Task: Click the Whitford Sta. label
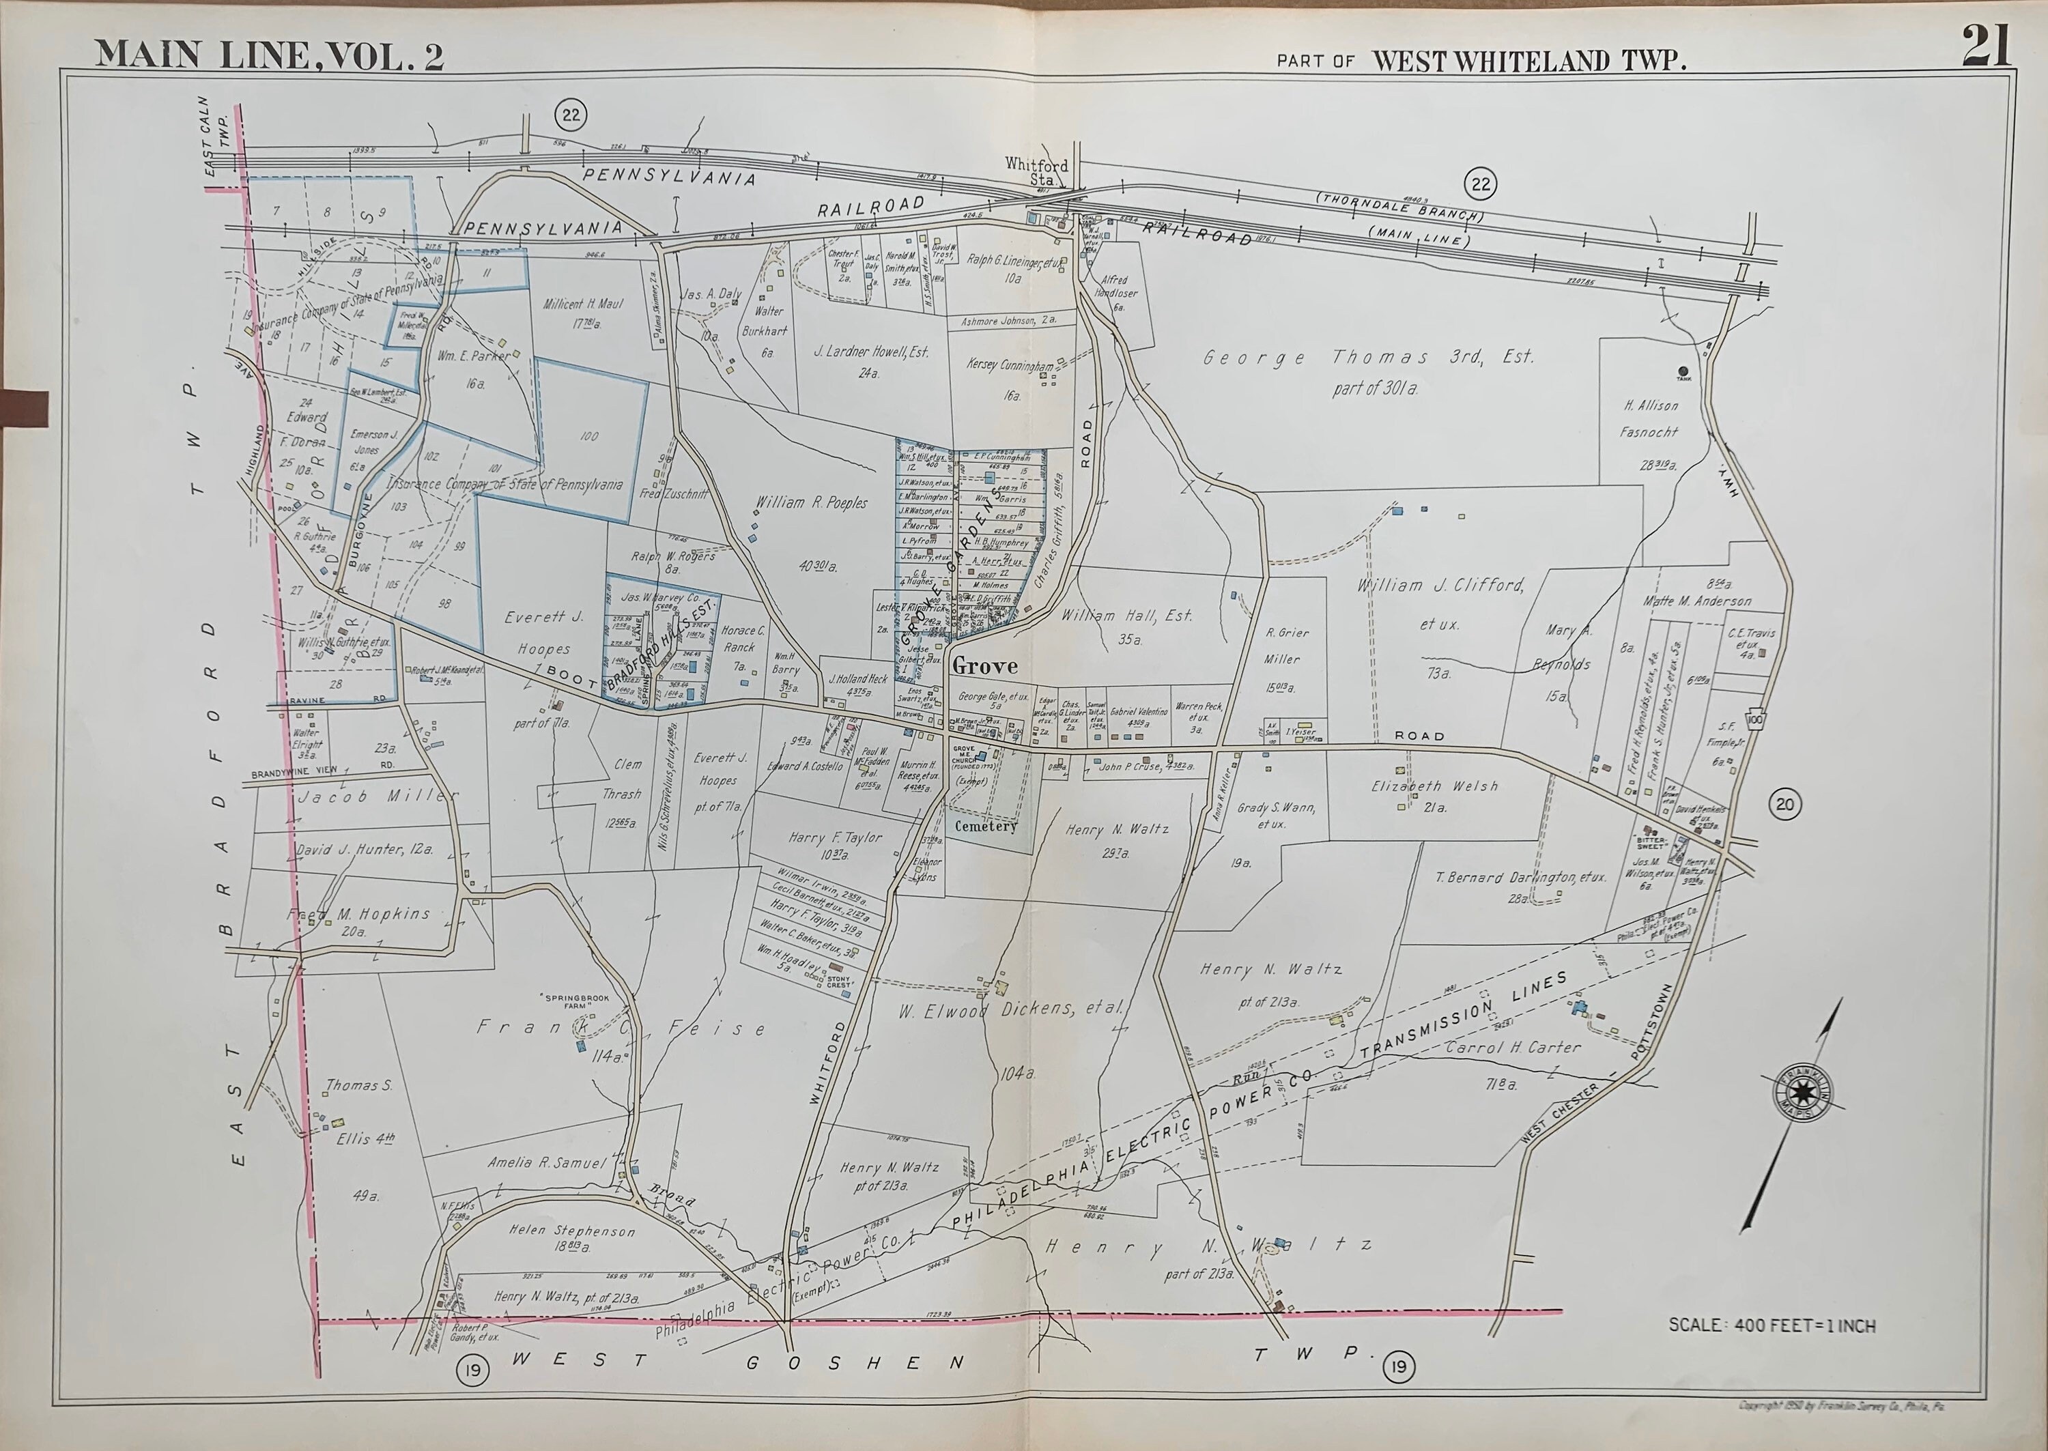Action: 1036,171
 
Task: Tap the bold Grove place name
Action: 984,665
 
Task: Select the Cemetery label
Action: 986,826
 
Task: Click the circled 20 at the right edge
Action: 1784,804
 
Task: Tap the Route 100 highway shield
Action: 1755,720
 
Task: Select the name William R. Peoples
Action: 811,503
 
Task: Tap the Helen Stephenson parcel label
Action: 572,1231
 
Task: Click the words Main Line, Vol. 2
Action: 269,55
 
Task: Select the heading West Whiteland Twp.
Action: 1528,61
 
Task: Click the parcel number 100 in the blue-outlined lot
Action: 589,436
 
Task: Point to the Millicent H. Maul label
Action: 582,304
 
